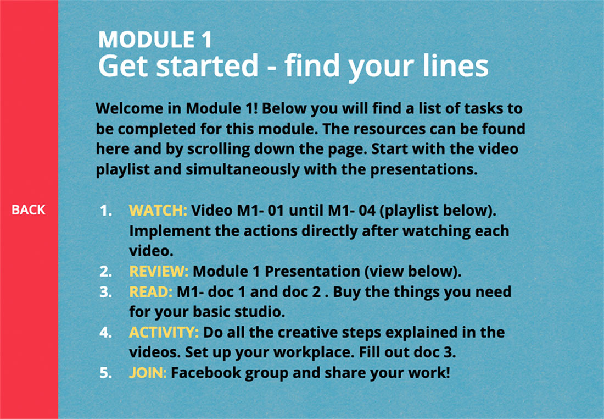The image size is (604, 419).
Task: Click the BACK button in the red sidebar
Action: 29,209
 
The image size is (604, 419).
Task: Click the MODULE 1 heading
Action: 155,40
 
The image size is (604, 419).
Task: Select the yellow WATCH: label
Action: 158,210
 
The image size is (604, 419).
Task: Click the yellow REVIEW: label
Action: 159,271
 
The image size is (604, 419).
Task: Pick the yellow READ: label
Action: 150,291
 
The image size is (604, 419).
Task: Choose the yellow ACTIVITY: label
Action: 164,332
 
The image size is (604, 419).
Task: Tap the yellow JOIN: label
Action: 148,373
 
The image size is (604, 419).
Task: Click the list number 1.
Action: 105,211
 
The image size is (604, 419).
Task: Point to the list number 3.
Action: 105,292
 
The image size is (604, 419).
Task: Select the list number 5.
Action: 105,373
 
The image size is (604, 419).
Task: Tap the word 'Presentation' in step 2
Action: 312,271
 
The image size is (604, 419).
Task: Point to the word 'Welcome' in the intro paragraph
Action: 129,108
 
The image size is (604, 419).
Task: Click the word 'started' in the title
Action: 207,65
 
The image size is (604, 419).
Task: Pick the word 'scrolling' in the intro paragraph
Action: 219,149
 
